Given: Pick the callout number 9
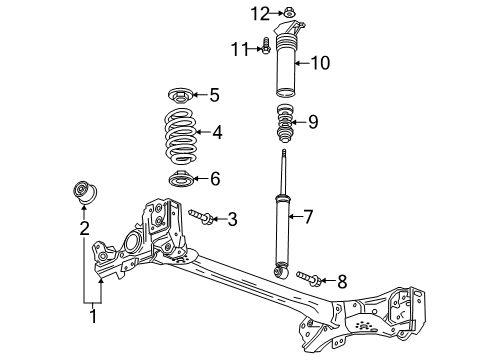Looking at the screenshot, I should pos(313,122).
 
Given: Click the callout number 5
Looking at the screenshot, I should pos(213,95).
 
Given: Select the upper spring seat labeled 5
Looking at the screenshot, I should pos(181,97).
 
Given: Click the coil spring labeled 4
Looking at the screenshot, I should pos(180,134).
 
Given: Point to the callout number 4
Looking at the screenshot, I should pos(218,131).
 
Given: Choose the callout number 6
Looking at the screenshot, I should pos(214,179).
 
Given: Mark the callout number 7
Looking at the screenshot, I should pos(309,215).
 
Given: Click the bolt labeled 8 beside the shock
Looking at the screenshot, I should pos(306,279).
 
